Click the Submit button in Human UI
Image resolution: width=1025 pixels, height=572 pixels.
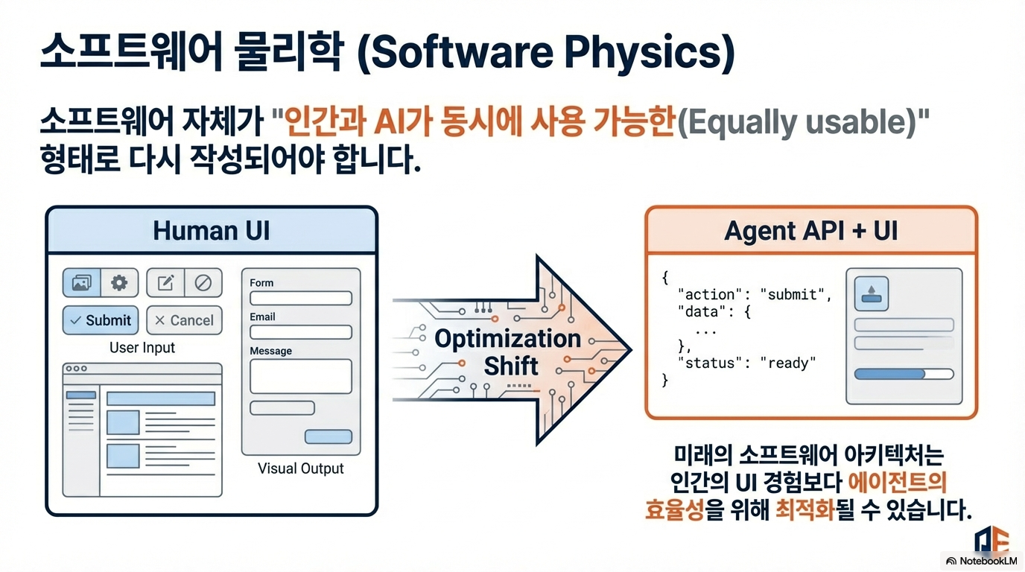101,320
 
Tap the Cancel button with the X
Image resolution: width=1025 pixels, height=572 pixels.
184,320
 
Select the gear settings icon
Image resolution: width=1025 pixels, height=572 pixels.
119,283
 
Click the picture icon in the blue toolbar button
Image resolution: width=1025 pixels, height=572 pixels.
81,283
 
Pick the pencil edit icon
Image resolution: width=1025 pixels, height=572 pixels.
165,283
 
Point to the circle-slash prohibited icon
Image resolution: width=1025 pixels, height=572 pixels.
203,283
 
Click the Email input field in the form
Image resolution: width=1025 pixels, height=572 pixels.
301,331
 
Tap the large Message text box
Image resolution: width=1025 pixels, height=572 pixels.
301,376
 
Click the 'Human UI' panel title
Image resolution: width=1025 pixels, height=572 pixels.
212,230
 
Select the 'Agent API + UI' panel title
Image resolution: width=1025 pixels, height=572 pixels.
811,230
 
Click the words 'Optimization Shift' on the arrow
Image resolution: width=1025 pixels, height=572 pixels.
508,352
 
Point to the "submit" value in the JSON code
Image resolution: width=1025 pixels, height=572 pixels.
792,294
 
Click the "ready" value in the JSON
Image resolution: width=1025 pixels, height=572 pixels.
788,363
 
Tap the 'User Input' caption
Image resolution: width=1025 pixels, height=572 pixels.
142,347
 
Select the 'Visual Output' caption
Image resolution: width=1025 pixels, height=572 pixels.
301,468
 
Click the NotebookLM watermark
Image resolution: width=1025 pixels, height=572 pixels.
982,561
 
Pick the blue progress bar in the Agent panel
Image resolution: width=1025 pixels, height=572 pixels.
904,374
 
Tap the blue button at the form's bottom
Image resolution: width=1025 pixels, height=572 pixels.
329,436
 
